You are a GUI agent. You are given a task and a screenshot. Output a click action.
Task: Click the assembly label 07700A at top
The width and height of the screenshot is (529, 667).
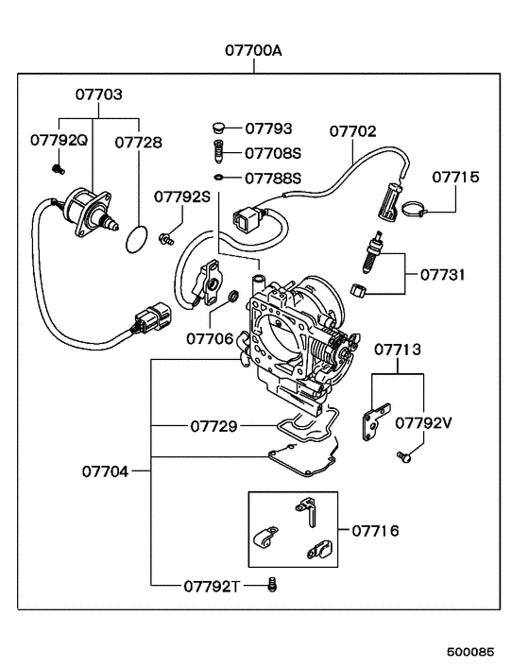tap(253, 51)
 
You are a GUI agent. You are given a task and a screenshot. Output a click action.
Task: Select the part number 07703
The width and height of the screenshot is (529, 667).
tap(99, 95)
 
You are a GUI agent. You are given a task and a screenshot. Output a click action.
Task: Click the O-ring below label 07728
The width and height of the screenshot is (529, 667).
tap(139, 239)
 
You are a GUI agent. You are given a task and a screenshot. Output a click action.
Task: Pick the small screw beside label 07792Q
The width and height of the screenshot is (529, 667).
tap(57, 169)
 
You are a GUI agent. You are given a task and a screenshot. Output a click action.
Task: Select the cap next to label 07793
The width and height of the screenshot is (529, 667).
tap(218, 127)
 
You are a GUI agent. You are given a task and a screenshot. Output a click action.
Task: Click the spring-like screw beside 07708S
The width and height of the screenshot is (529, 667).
tap(218, 151)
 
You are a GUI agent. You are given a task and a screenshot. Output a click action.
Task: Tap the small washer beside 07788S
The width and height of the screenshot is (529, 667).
tap(218, 177)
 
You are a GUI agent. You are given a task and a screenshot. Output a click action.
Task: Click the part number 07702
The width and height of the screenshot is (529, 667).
tap(353, 132)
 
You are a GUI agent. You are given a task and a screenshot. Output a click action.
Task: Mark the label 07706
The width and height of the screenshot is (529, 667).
tap(210, 337)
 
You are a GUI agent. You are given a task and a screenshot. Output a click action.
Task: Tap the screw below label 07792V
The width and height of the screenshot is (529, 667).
tap(403, 458)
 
